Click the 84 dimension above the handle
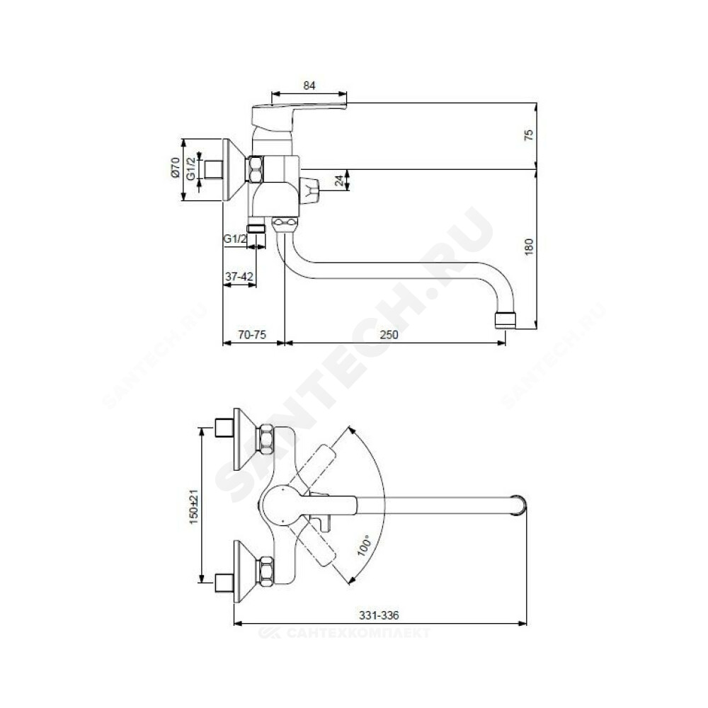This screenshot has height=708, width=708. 309,86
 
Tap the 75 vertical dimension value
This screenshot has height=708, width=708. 529,135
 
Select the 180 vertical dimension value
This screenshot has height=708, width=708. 529,246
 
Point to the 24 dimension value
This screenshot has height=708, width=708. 339,181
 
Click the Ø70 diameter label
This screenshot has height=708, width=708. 176,168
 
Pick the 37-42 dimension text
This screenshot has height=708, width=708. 239,276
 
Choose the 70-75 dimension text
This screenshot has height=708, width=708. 253,335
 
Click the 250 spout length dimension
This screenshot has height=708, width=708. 389,335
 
